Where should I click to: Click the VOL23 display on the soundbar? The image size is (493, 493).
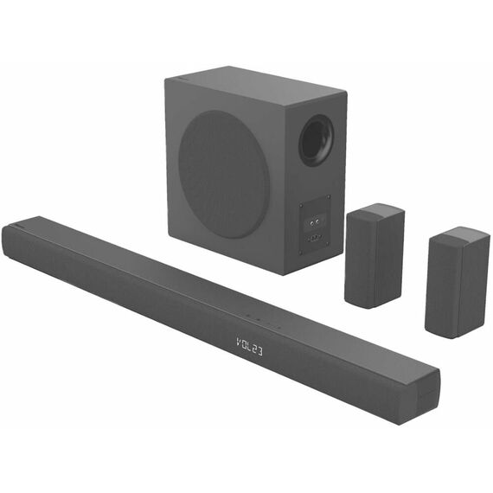(x=249, y=347)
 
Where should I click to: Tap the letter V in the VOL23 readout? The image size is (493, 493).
(x=239, y=343)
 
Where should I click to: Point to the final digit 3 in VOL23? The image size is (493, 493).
(x=259, y=351)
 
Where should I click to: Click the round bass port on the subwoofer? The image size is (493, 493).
(x=317, y=140)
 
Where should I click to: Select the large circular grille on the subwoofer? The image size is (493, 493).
(x=224, y=174)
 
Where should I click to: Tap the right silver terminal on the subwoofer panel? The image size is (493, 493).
(x=317, y=221)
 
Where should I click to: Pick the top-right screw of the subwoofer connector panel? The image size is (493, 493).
(x=329, y=197)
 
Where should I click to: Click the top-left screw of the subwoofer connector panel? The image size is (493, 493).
(x=302, y=206)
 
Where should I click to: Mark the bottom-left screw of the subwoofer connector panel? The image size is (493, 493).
(x=302, y=252)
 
